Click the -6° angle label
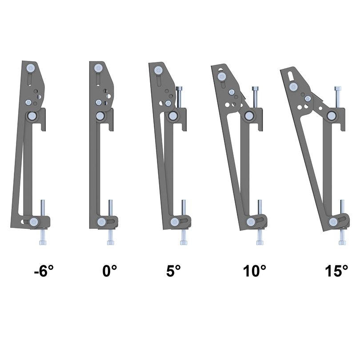[x=47, y=271]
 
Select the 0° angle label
[x=109, y=271]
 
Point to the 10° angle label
[x=254, y=271]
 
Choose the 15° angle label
[x=336, y=271]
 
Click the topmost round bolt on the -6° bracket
[x=30, y=68]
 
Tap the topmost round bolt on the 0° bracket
[x=98, y=68]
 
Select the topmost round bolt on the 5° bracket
[x=157, y=70]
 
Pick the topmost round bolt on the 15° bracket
[x=293, y=87]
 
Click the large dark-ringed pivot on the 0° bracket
[x=101, y=116]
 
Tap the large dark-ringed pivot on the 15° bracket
[x=331, y=116]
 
